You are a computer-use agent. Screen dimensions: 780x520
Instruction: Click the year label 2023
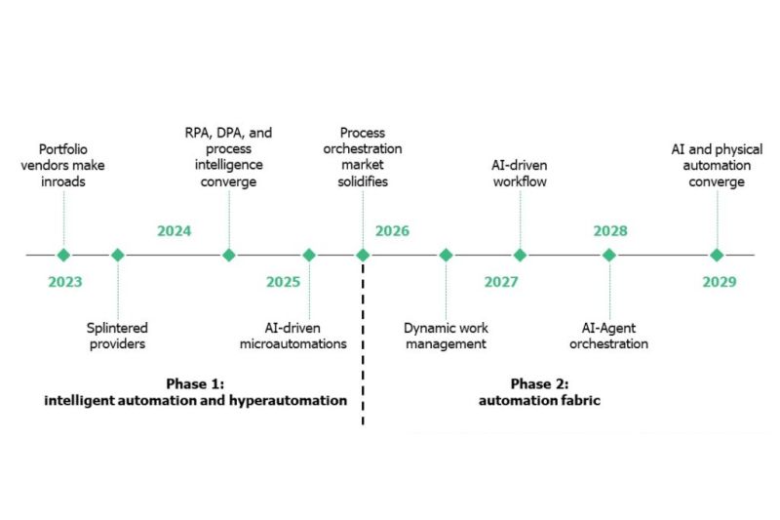(65, 282)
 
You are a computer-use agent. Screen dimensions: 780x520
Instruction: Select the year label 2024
(175, 231)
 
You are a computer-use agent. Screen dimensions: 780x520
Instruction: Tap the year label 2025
(283, 282)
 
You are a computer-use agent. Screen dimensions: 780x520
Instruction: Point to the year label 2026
(393, 231)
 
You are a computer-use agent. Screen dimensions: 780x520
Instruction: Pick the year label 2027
(501, 282)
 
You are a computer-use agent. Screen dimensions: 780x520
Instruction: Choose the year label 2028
(610, 231)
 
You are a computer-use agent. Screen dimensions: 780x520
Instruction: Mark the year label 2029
(720, 282)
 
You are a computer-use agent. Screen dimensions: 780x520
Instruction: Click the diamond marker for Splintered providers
(118, 255)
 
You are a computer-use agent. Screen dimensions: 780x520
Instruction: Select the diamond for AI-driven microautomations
(309, 255)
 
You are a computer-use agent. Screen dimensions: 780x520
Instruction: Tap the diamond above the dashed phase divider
(363, 255)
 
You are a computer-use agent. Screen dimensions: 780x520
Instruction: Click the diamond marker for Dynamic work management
(446, 255)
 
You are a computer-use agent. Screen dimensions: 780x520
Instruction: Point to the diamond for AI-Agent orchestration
(609, 255)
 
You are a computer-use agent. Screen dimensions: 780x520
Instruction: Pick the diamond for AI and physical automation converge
(717, 255)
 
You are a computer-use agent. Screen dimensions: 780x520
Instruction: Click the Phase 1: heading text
(195, 383)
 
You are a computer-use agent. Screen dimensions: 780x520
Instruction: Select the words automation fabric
(540, 400)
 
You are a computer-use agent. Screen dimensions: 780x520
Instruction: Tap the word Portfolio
(63, 149)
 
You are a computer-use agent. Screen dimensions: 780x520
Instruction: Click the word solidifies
(363, 181)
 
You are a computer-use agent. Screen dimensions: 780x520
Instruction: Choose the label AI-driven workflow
(520, 173)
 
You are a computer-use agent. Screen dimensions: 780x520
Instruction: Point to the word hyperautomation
(288, 401)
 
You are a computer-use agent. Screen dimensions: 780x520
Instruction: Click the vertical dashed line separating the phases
(363, 343)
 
